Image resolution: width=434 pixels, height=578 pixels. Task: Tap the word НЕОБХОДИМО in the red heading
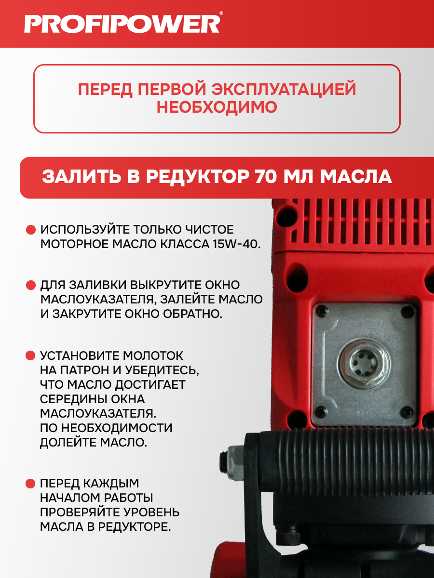coord(217,107)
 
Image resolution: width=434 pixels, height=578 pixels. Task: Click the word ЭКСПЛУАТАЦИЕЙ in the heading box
coord(284,89)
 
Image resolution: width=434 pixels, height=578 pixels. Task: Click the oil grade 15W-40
coord(237,244)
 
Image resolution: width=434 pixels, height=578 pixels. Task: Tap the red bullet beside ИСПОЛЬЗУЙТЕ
coord(31,230)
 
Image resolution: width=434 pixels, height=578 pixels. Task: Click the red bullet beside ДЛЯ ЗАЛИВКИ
coord(31,285)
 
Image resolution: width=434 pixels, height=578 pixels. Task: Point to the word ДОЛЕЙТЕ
coord(67,442)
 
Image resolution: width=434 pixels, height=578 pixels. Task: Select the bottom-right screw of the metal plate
coord(407,411)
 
